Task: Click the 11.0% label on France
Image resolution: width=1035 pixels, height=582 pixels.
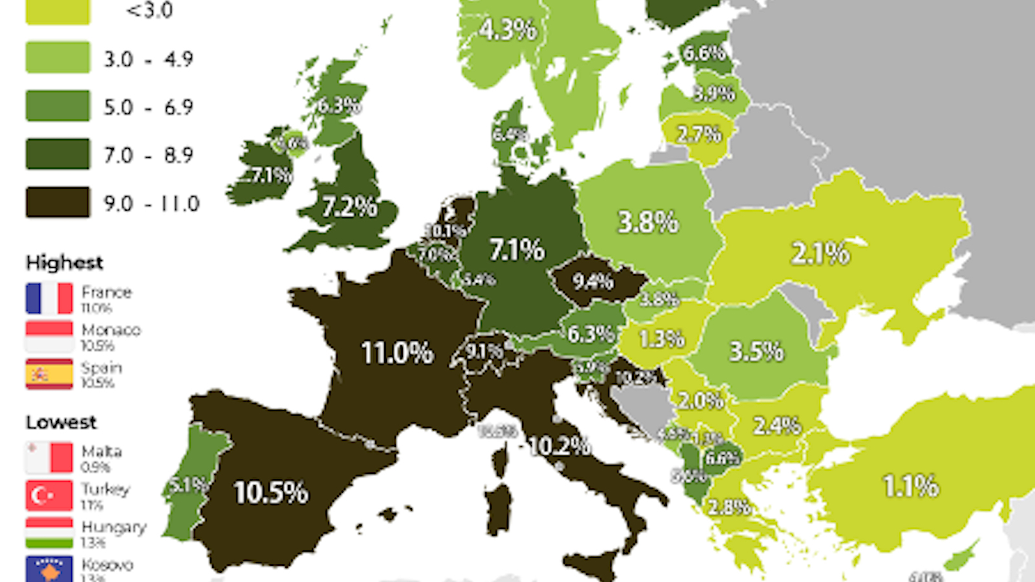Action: click(397, 353)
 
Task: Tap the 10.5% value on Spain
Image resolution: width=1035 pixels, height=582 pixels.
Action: click(271, 493)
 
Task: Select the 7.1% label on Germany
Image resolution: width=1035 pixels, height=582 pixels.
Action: click(517, 250)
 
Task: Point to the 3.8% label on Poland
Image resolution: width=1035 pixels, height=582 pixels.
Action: click(648, 222)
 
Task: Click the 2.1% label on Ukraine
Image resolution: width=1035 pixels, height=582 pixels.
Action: click(820, 253)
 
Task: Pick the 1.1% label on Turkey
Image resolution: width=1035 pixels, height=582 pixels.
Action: click(910, 486)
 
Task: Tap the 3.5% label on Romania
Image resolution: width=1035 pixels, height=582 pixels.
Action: click(756, 352)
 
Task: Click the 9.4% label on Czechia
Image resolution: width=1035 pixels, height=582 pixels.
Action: click(593, 281)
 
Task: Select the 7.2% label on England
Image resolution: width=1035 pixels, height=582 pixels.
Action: click(349, 207)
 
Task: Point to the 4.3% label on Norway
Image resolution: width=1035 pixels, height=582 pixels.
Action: click(508, 30)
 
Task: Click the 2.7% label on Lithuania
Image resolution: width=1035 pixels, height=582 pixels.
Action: click(699, 135)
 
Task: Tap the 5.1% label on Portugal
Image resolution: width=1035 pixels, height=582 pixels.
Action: click(187, 484)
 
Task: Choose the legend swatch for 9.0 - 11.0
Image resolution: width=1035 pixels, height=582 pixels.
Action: click(58, 202)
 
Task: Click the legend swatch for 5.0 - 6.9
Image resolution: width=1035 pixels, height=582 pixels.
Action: click(58, 106)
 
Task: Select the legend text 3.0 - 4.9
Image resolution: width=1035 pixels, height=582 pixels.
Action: click(148, 59)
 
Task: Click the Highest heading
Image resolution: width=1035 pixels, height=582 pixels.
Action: click(64, 263)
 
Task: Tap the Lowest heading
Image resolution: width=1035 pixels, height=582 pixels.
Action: click(61, 422)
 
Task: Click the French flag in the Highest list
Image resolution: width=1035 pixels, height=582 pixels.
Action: click(49, 298)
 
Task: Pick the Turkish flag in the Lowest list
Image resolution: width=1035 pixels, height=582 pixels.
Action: click(49, 495)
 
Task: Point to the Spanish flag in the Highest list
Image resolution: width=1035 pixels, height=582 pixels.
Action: click(49, 374)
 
